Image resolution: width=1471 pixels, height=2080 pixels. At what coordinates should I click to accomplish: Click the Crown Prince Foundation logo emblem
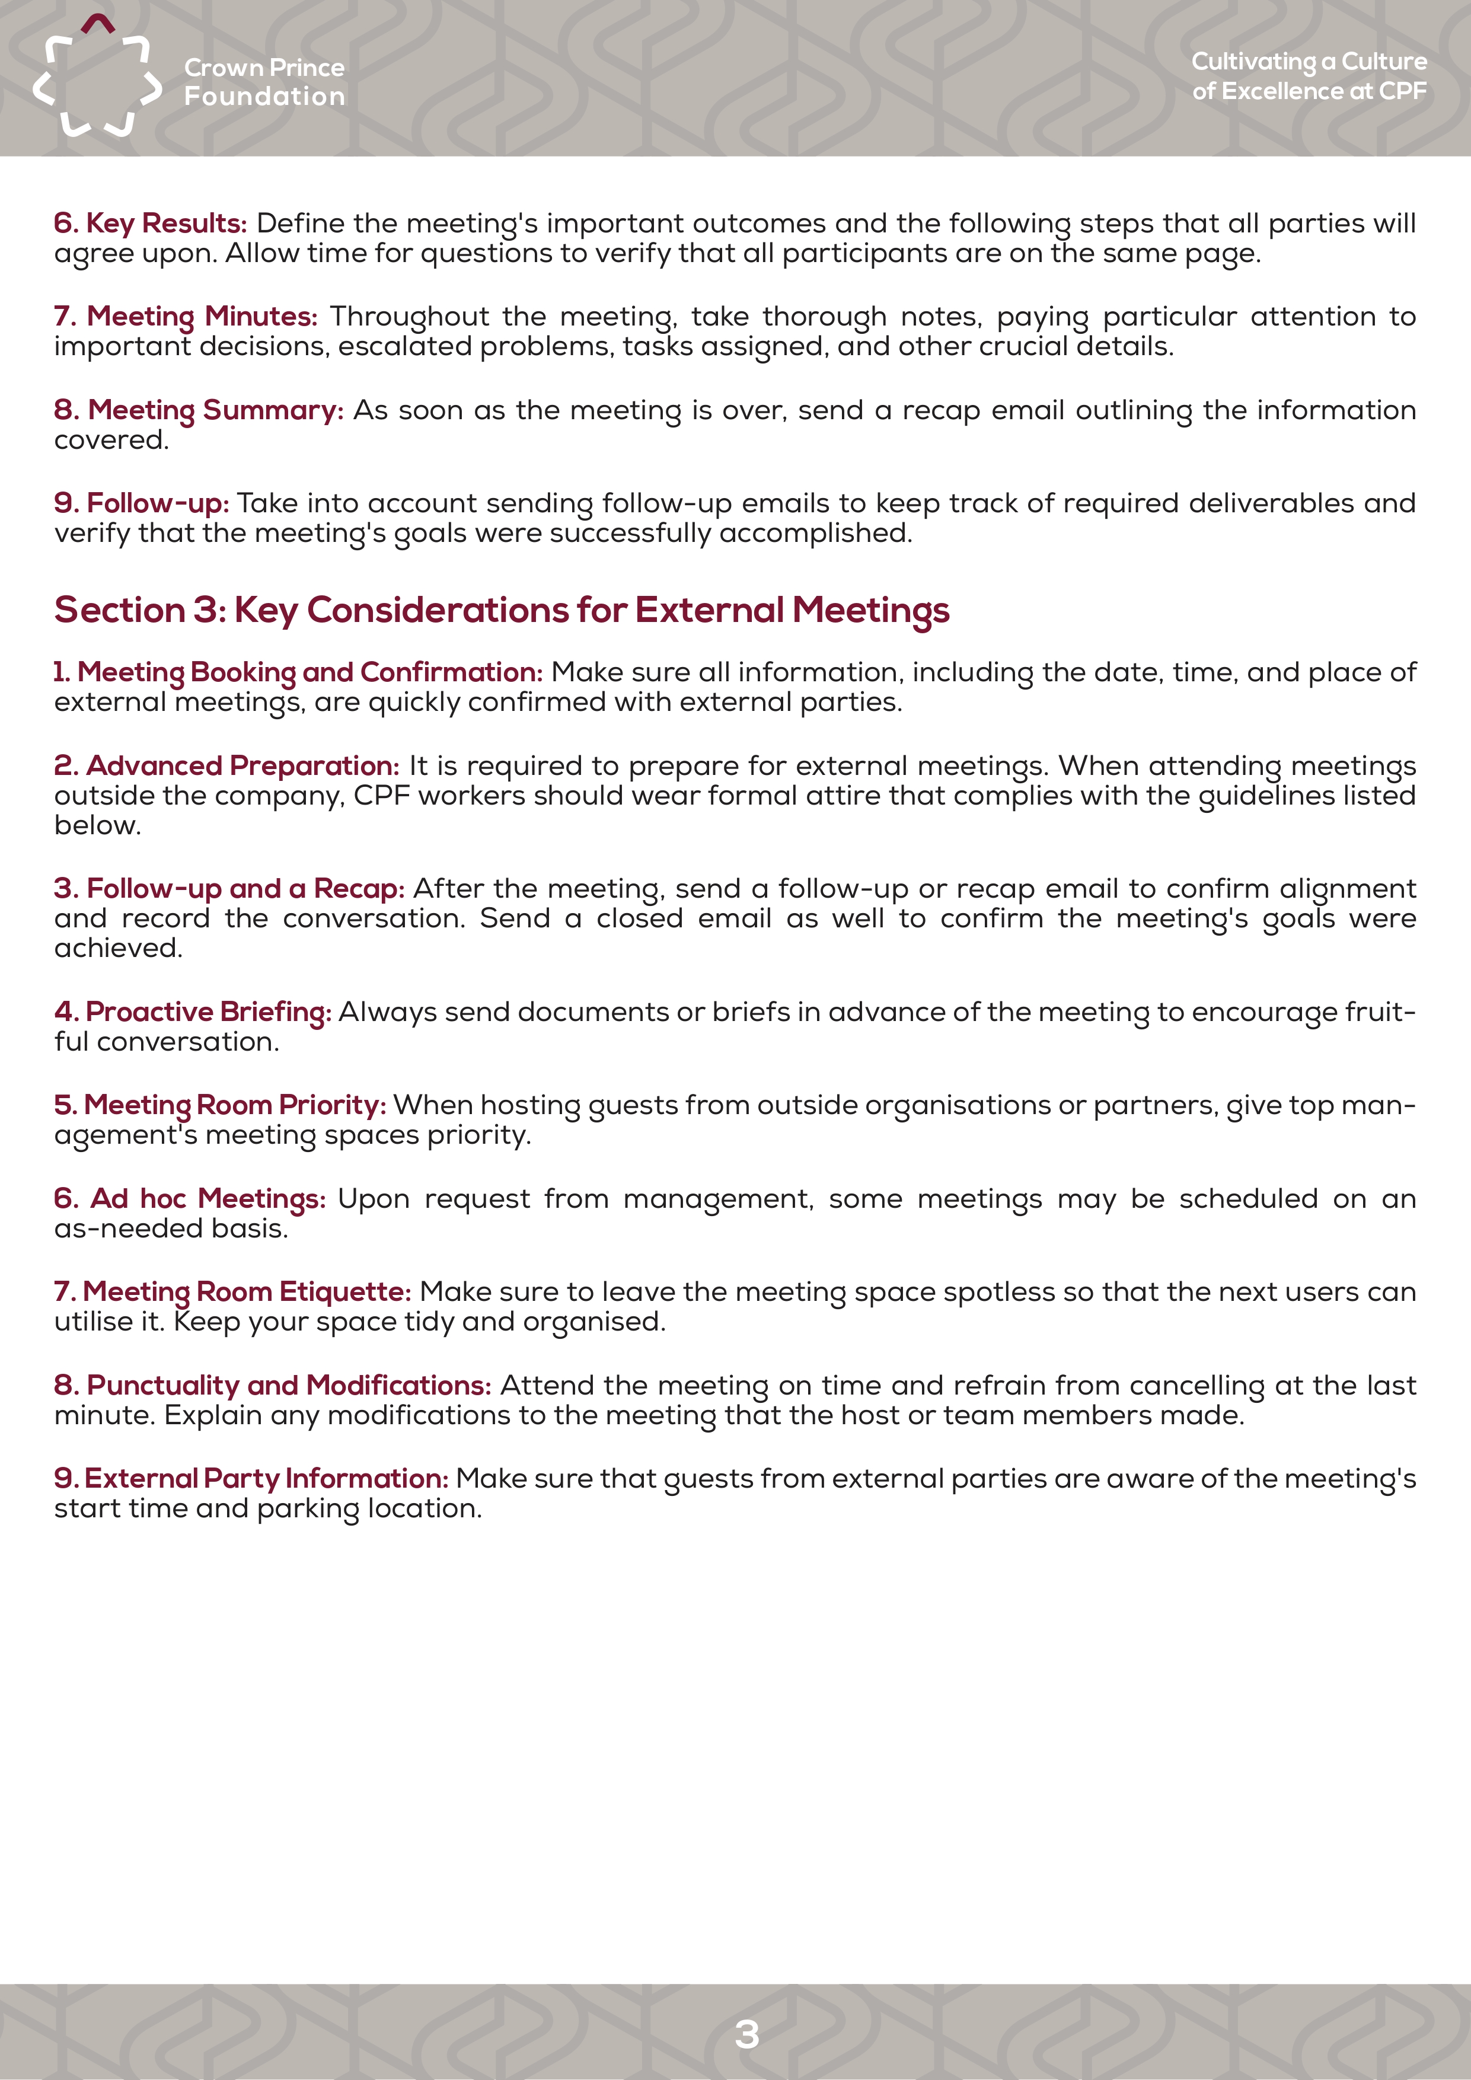point(97,77)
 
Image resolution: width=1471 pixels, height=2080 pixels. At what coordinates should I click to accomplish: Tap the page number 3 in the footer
point(746,2034)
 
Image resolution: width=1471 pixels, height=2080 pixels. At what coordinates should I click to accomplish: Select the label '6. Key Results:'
point(151,223)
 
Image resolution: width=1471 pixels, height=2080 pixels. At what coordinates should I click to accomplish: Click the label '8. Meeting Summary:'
point(199,410)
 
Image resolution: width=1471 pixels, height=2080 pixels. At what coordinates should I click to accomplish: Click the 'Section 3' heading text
point(501,610)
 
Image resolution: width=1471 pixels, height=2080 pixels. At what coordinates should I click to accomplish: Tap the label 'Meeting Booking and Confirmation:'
point(309,672)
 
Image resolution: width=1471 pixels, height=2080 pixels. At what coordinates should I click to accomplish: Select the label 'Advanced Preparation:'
point(242,765)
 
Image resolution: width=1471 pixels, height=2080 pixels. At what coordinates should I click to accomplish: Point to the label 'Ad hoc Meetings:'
point(208,1198)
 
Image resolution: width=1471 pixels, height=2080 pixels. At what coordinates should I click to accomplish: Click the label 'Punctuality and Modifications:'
point(288,1384)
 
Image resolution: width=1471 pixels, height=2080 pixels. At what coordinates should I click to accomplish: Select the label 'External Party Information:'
point(266,1478)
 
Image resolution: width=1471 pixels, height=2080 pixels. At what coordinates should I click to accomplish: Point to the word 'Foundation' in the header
point(264,96)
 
